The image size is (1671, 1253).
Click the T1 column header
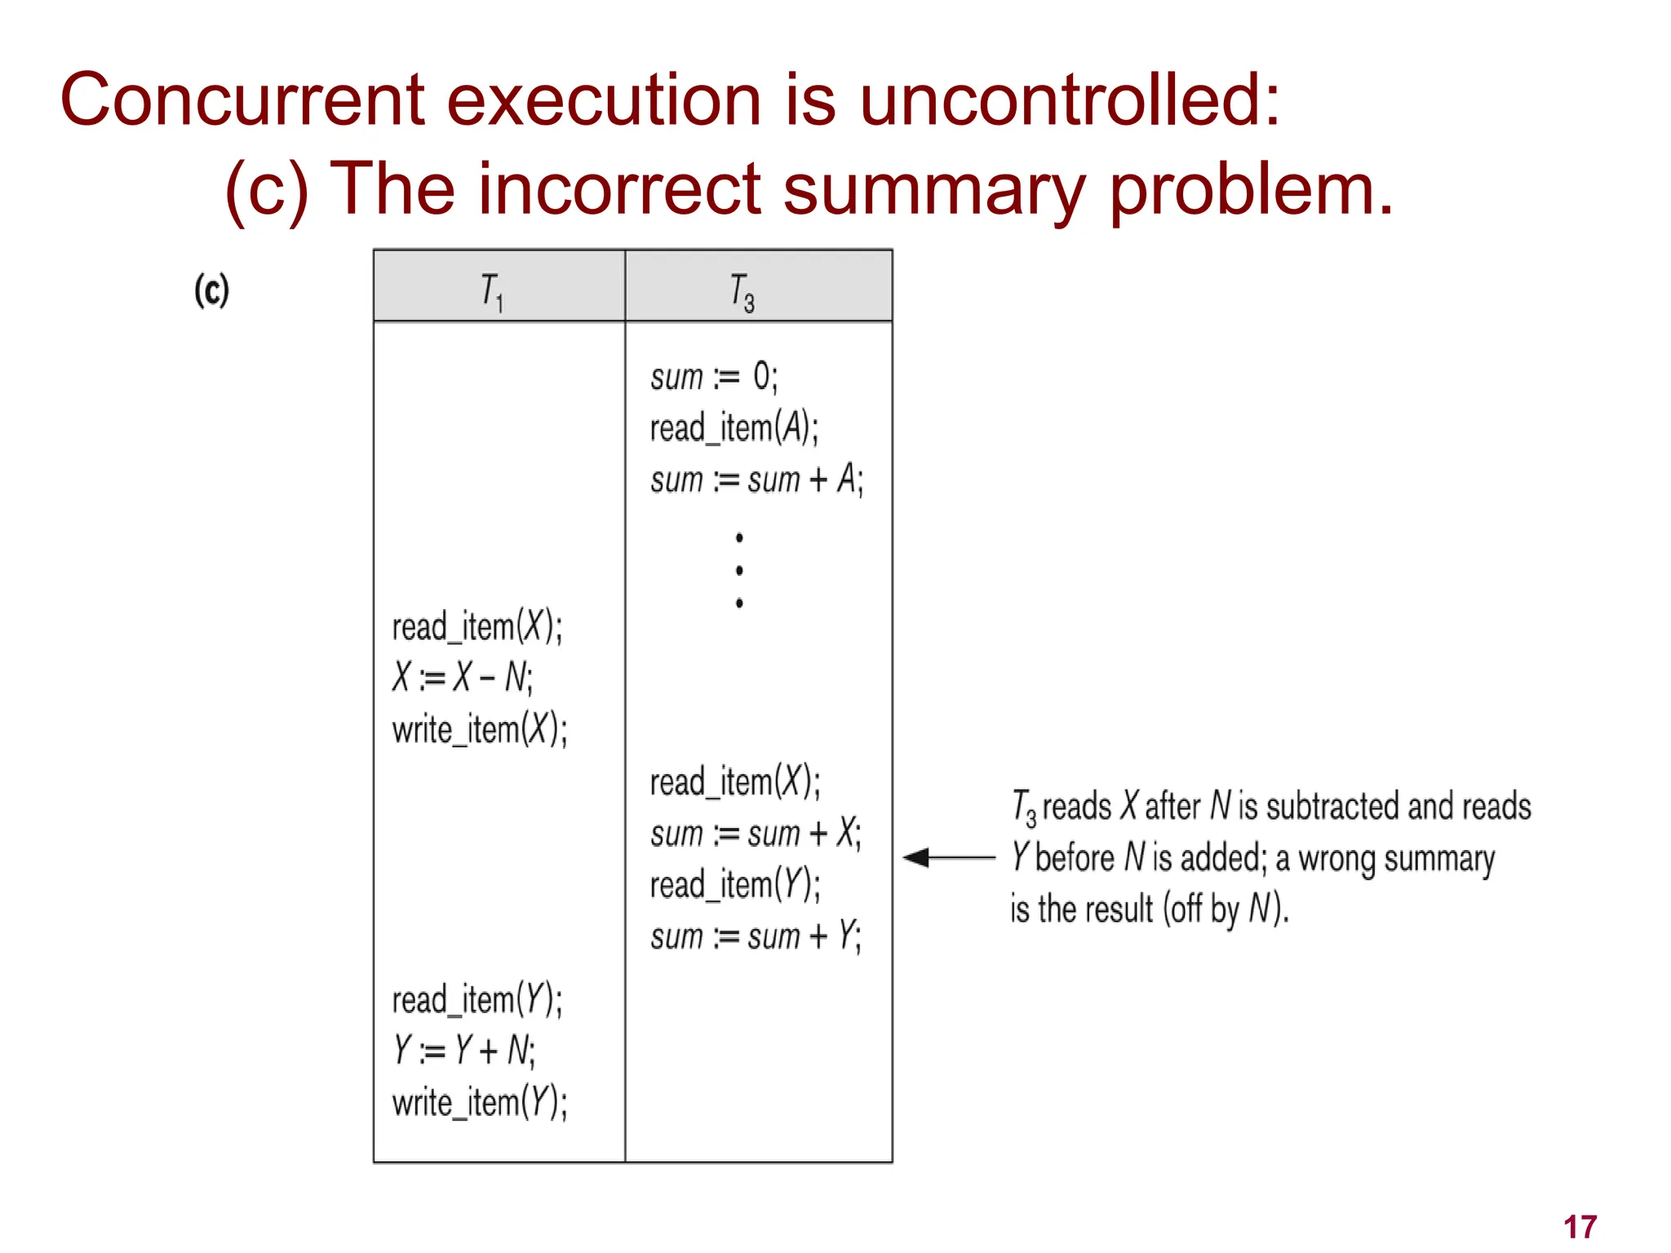point(492,291)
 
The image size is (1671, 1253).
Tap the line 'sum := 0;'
point(714,378)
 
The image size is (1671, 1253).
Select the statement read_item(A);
point(734,428)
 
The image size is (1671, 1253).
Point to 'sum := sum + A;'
point(756,480)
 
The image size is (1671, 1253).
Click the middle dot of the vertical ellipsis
point(739,570)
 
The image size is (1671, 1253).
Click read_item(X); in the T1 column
point(477,627)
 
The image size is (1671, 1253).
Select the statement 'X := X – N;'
point(463,677)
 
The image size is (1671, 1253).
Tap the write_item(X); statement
point(480,728)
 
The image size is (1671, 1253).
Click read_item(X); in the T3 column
point(735,781)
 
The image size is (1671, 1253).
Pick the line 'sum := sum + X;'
point(756,834)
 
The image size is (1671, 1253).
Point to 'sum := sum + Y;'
point(756,936)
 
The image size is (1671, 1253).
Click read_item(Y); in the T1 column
point(477,1000)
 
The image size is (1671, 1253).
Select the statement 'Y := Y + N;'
point(463,1051)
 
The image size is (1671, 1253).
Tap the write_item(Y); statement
point(480,1102)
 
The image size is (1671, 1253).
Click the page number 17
point(1580,1227)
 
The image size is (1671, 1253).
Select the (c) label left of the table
point(212,290)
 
